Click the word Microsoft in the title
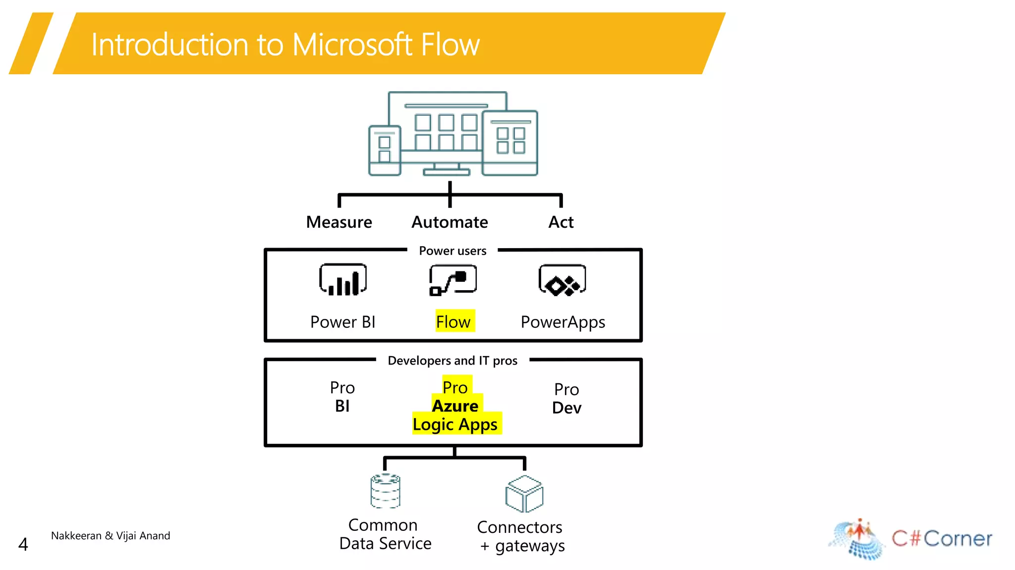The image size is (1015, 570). point(352,45)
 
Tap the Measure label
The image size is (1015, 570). point(339,222)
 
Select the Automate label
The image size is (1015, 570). point(450,222)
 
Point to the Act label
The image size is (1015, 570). point(561,222)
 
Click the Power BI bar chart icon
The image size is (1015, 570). point(343,280)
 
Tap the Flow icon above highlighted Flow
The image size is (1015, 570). point(453,280)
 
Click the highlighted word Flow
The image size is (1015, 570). point(453,322)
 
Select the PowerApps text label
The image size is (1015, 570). point(563,322)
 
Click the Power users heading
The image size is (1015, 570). point(452,251)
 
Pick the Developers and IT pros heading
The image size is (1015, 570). point(452,361)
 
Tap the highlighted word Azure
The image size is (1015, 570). point(455,406)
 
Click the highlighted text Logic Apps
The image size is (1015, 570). point(455,425)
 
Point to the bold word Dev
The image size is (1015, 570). point(566,408)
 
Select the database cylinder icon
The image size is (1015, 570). point(385,491)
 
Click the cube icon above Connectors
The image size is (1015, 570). point(524,494)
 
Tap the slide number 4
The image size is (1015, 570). point(23,545)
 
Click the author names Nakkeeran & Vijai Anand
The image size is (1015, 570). point(111,536)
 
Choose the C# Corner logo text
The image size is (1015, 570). point(942,539)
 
